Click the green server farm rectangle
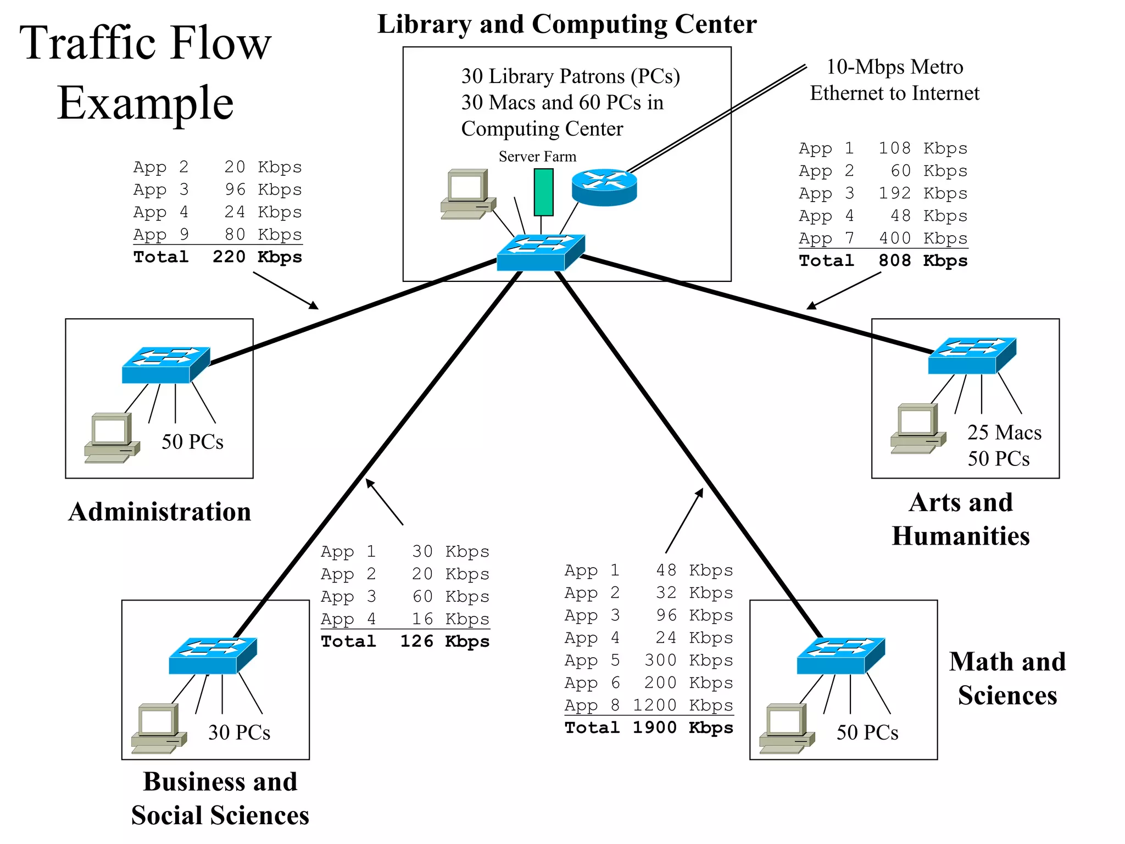pos(543,192)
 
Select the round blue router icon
pos(604,187)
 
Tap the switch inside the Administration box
pos(165,365)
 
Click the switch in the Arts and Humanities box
pos(972,356)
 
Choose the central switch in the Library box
pos(540,253)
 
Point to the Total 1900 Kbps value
pos(649,728)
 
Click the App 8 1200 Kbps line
pos(649,705)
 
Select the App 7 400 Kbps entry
pos(883,238)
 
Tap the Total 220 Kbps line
pos(218,257)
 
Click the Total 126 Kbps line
pos(405,641)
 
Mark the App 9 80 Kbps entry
pos(218,235)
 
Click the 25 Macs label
pos(1004,432)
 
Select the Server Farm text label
pos(537,157)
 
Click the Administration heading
pos(159,512)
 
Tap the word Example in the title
pos(146,103)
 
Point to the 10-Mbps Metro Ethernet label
pos(894,80)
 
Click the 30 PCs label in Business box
pos(239,732)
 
